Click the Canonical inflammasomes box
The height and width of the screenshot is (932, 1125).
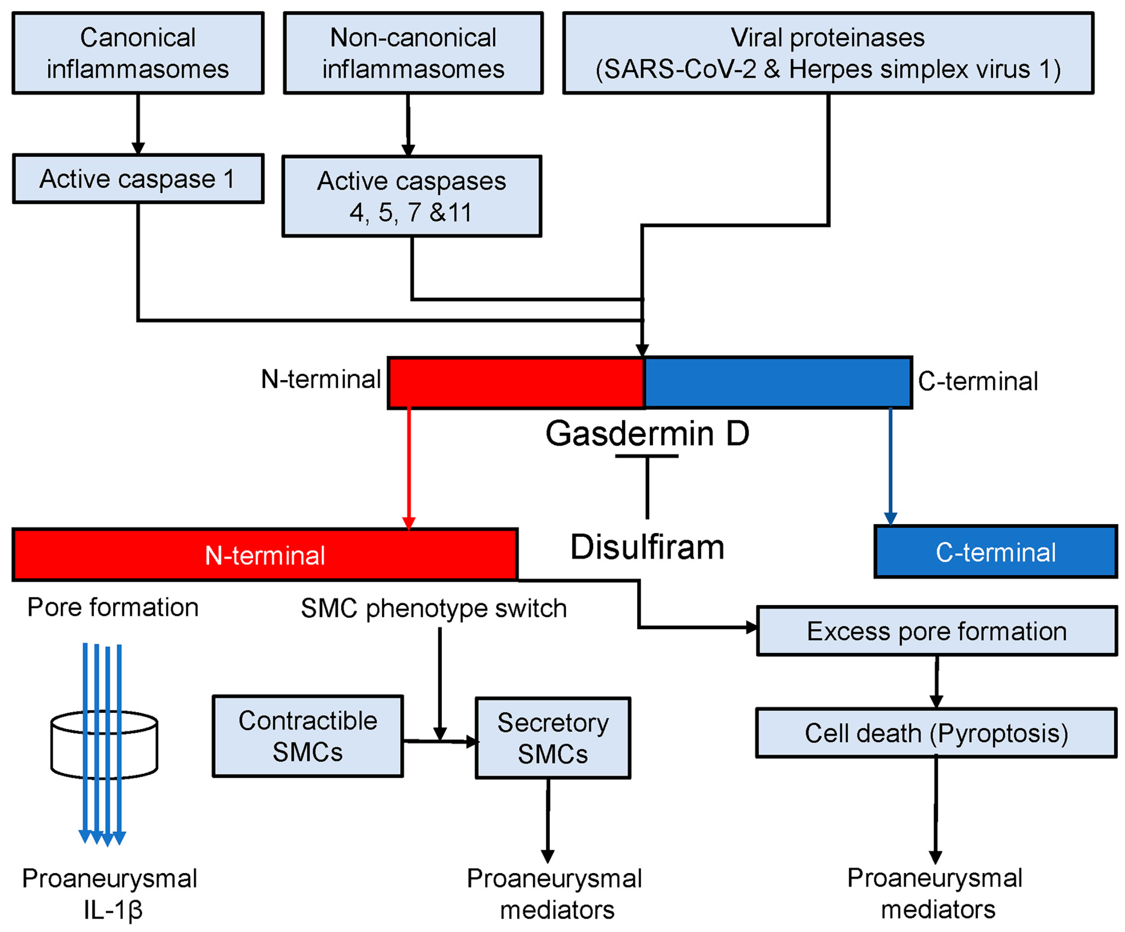coord(138,53)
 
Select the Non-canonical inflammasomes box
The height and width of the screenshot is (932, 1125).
coord(413,53)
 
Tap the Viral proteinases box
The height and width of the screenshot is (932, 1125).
coord(828,53)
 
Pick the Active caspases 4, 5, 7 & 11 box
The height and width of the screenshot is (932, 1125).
coord(411,196)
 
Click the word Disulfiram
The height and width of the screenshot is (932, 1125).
coord(647,547)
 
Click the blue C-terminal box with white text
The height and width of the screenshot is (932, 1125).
coord(995,552)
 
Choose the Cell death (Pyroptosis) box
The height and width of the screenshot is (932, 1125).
coord(936,733)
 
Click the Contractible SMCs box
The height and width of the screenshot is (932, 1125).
coord(308,736)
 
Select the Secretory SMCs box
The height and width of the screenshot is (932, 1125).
coord(553,739)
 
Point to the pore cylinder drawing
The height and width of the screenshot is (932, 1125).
coord(104,745)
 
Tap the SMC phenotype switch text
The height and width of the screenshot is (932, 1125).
coord(433,608)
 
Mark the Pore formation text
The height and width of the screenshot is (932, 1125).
coord(113,607)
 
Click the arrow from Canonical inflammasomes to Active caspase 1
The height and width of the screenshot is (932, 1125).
coord(138,124)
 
